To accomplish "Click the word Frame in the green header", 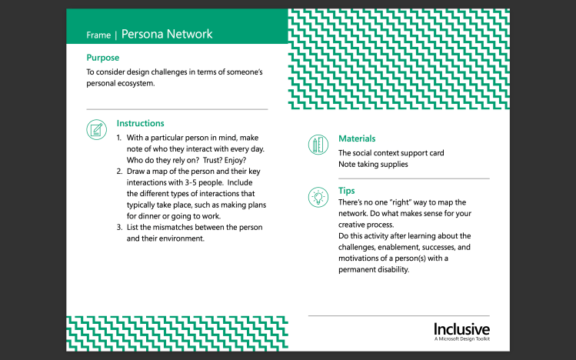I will click(x=98, y=35).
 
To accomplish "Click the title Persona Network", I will click(x=167, y=35).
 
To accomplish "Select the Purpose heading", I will click(x=102, y=58).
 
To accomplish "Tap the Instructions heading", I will click(x=140, y=123).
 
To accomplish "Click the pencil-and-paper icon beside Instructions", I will click(x=96, y=129).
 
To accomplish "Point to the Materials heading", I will click(x=357, y=138).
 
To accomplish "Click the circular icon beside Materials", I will click(x=317, y=145).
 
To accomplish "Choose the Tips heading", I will click(x=347, y=190).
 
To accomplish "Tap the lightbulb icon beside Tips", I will click(x=317, y=195).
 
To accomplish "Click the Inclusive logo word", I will click(x=461, y=328).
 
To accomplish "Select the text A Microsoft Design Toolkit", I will click(x=461, y=338).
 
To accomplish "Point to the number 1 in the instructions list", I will click(x=119, y=138).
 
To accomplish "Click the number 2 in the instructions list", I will click(x=119, y=172).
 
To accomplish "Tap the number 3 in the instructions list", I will click(x=119, y=228).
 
